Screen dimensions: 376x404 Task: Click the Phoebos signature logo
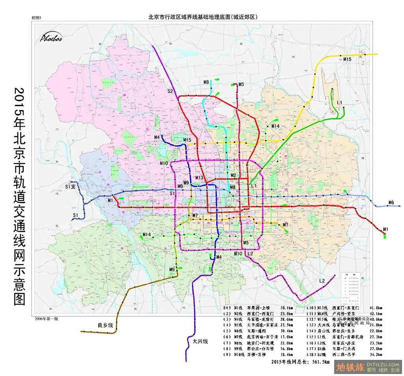pyautogui.click(x=51, y=37)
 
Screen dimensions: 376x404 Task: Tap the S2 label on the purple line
pyautogui.click(x=170, y=91)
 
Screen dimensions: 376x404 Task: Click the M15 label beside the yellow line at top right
pyautogui.click(x=347, y=59)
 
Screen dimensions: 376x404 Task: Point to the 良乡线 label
pyautogui.click(x=105, y=325)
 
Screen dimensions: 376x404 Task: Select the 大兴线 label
pyautogui.click(x=200, y=341)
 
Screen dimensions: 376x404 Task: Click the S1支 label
pyautogui.click(x=71, y=186)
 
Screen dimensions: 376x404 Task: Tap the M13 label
pyautogui.click(x=199, y=178)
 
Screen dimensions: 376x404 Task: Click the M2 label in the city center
pyautogui.click(x=233, y=175)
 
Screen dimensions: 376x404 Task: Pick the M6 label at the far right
pyautogui.click(x=391, y=203)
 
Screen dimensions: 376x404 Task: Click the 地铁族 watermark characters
pyautogui.click(x=350, y=367)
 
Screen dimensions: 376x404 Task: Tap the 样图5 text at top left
pyautogui.click(x=36, y=18)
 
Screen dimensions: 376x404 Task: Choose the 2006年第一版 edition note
pyautogui.click(x=45, y=318)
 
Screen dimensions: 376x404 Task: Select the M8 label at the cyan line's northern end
pyautogui.click(x=206, y=82)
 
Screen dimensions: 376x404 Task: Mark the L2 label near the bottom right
pyautogui.click(x=322, y=281)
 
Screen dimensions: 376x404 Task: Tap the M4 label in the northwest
pyautogui.click(x=157, y=137)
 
